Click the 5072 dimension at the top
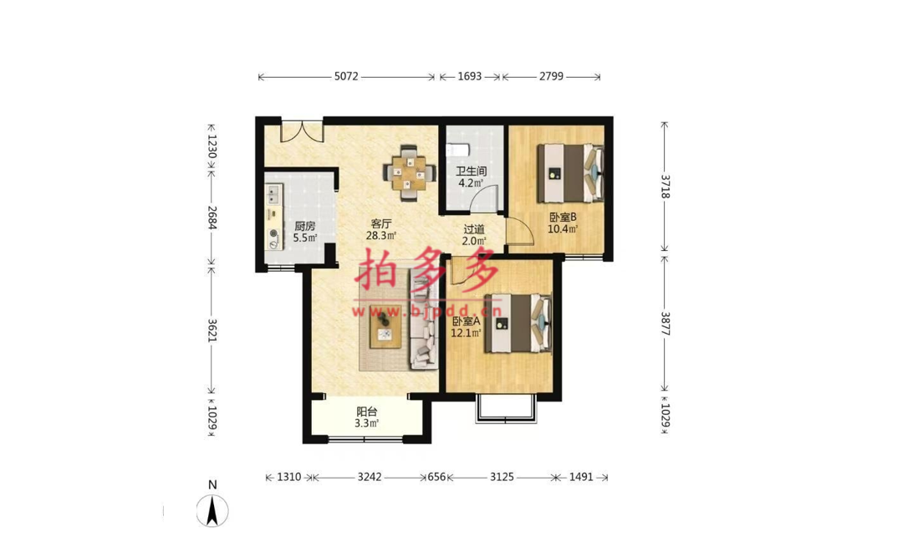pos(346,76)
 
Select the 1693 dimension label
pos(469,76)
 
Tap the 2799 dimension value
pos(551,76)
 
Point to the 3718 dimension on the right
pos(665,186)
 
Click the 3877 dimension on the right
pos(665,324)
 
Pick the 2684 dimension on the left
pos(212,218)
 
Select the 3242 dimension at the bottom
pos(370,477)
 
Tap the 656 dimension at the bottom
pos(436,477)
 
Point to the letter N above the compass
pos(212,485)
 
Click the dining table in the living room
pos(410,172)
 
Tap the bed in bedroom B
pos(570,172)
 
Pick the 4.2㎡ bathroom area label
pos(471,183)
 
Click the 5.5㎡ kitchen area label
pos(305,238)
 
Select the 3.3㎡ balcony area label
pos(367,423)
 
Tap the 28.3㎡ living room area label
pos(380,236)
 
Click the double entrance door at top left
pos(302,131)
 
